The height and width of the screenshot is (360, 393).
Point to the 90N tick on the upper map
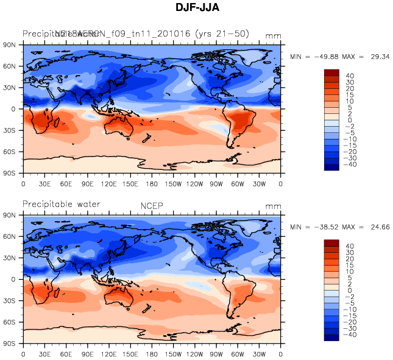click(x=9, y=45)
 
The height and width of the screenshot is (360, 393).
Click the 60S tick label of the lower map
click(x=9, y=322)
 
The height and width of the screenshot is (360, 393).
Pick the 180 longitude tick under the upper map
click(x=152, y=183)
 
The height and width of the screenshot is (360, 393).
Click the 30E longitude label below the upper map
click(x=44, y=183)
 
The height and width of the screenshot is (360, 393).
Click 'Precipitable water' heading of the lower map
click(x=61, y=204)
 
